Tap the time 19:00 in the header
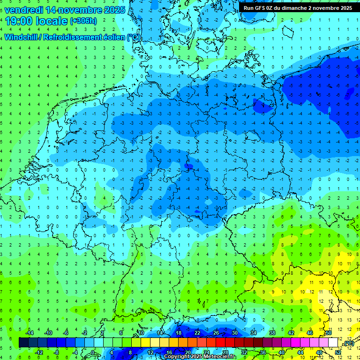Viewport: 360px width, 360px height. tap(18, 21)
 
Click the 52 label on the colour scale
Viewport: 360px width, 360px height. tap(338, 352)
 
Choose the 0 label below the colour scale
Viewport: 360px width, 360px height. tap(93, 352)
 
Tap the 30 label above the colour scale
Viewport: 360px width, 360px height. tap(234, 333)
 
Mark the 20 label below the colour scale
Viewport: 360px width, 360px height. tap(187, 352)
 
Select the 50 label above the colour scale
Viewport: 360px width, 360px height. tap(328, 333)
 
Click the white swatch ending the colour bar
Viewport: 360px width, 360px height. tap(333, 342)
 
